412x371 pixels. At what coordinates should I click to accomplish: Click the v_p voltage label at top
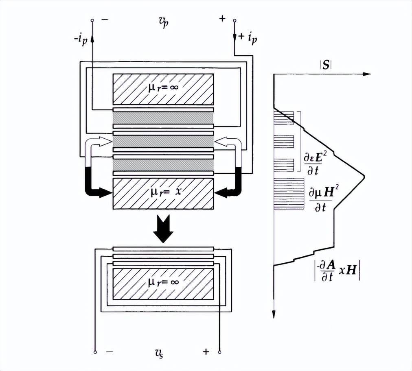pos(163,22)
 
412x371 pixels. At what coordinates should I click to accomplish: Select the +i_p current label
pos(247,38)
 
